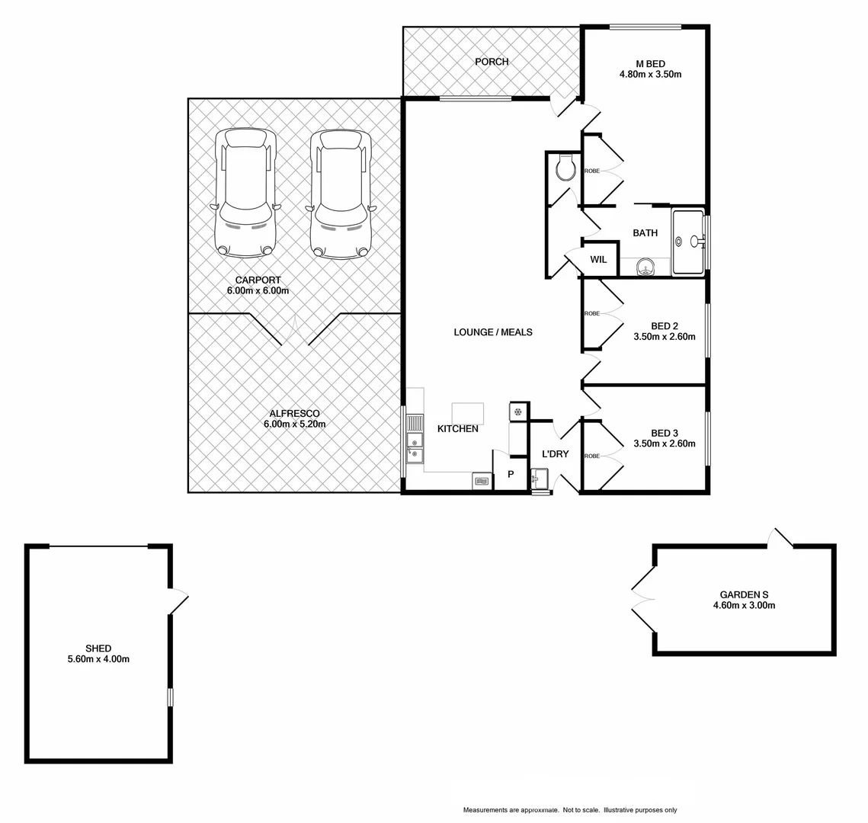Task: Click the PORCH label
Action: (491, 62)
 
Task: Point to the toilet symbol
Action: (565, 167)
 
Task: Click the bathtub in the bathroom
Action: (690, 242)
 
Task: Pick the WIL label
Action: (598, 260)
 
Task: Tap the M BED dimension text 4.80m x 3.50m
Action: (649, 75)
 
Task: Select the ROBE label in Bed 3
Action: (591, 456)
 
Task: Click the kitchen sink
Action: (414, 442)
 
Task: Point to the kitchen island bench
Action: (467, 413)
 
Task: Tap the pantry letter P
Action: (511, 475)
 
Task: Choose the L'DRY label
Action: (555, 454)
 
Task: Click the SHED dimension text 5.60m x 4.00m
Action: (98, 659)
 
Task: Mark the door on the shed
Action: (178, 601)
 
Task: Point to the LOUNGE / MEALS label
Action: (492, 332)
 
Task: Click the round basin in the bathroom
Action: (645, 267)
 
